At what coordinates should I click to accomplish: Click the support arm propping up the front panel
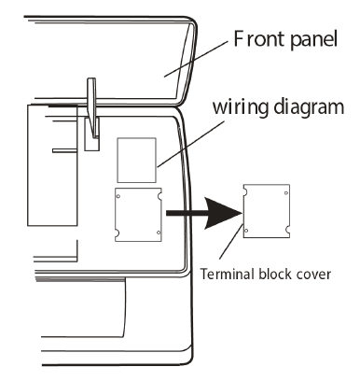pyautogui.click(x=92, y=112)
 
